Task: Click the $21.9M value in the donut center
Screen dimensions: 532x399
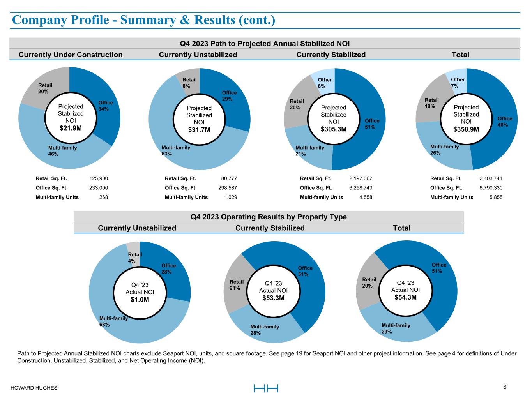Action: pyautogui.click(x=71, y=128)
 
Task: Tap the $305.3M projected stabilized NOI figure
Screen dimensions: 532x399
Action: pyautogui.click(x=334, y=129)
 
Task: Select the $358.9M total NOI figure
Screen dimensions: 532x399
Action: pyautogui.click(x=466, y=129)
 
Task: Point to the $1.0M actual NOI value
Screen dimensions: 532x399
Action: pyautogui.click(x=140, y=300)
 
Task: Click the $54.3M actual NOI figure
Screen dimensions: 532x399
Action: pyautogui.click(x=405, y=297)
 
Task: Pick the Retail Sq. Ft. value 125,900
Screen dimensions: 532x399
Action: pyautogui.click(x=99, y=178)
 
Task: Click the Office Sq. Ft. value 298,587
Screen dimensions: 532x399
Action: pyautogui.click(x=228, y=188)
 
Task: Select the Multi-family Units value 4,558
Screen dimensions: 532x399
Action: pyautogui.click(x=366, y=197)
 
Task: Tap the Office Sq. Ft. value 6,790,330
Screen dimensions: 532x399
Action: pyautogui.click(x=491, y=188)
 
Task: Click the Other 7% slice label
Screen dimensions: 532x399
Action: pyautogui.click(x=458, y=83)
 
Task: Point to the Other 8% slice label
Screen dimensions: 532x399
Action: pyautogui.click(x=325, y=83)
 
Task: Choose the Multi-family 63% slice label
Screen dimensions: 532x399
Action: pyautogui.click(x=176, y=150)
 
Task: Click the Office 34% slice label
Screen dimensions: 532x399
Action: pyautogui.click(x=106, y=106)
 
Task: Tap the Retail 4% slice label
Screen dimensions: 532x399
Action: pyautogui.click(x=135, y=258)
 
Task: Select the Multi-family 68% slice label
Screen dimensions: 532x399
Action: pyautogui.click(x=113, y=321)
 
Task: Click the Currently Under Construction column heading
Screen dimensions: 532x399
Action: pyautogui.click(x=71, y=55)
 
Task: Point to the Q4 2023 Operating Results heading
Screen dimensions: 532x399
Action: pyautogui.click(x=269, y=217)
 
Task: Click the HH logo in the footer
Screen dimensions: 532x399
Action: pyautogui.click(x=266, y=388)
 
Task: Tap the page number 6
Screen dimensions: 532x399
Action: pyautogui.click(x=505, y=387)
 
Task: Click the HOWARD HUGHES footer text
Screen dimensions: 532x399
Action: pyautogui.click(x=34, y=388)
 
